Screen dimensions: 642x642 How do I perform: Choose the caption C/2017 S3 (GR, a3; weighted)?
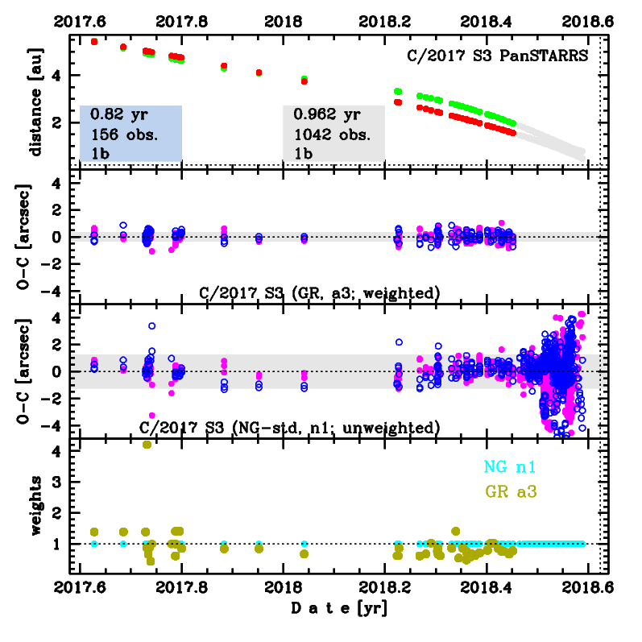pos(320,293)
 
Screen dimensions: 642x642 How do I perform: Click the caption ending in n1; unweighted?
pos(289,427)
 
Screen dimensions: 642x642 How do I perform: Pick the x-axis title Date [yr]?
pos(338,610)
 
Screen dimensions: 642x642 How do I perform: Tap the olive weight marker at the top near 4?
pos(147,444)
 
